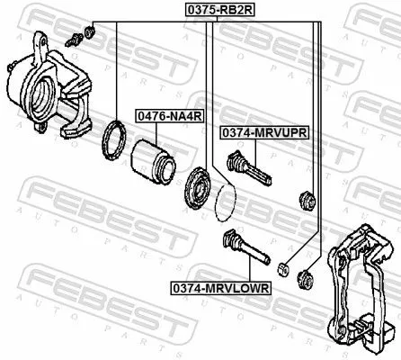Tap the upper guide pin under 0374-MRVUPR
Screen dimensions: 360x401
pyautogui.click(x=247, y=167)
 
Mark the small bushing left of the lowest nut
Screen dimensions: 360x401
pyautogui.click(x=283, y=267)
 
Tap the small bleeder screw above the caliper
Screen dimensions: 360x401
pyautogui.click(x=75, y=37)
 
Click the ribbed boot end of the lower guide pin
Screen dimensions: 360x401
pyautogui.click(x=230, y=240)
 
